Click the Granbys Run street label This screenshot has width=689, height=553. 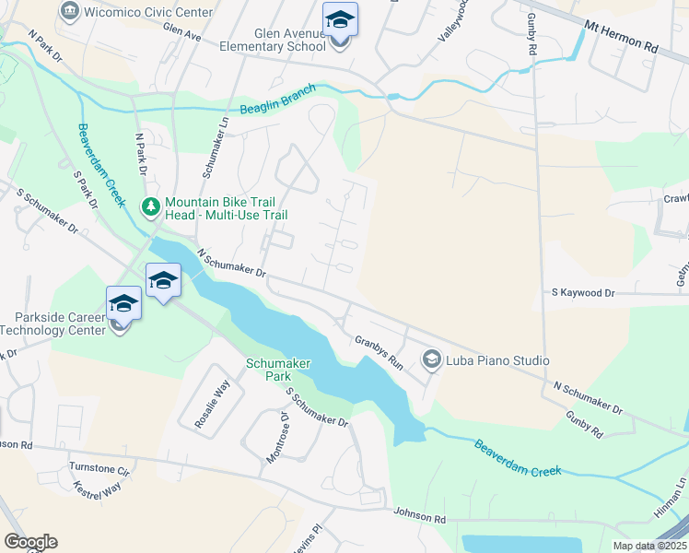(380, 351)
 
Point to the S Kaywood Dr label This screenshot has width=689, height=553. (582, 292)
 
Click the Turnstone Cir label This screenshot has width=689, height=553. (101, 468)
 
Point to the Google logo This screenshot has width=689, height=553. (30, 542)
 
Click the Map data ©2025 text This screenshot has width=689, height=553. (648, 546)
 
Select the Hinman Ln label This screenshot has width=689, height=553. (679, 488)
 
